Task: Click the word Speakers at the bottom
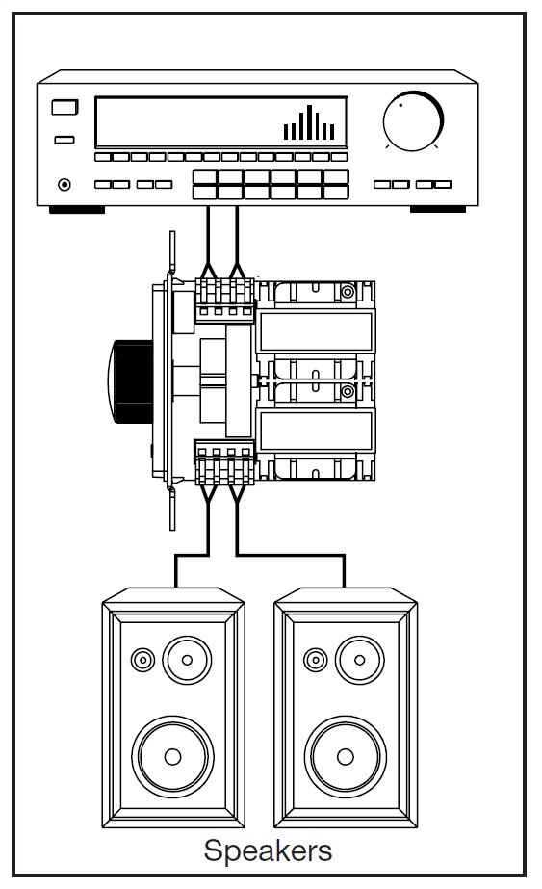[268, 850]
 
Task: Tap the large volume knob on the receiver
[413, 120]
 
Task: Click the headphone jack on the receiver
[65, 184]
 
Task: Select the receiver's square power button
[65, 107]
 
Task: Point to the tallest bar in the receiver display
[310, 122]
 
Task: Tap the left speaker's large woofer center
[173, 756]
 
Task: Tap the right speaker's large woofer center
[346, 756]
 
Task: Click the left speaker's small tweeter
[142, 660]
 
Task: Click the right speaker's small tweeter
[315, 660]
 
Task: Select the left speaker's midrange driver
[187, 660]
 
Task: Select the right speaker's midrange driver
[359, 660]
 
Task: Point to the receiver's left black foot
[77, 210]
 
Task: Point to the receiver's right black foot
[438, 210]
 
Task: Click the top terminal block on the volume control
[224, 299]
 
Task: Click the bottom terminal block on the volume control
[224, 462]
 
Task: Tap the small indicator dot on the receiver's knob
[400, 105]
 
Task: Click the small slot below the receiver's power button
[65, 140]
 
